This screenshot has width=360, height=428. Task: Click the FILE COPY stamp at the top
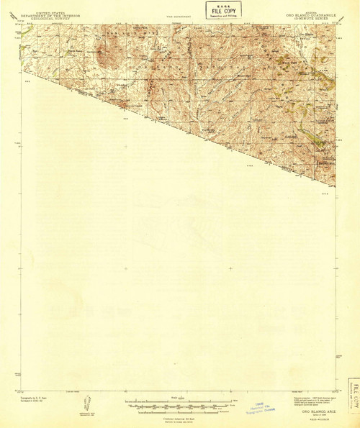pyautogui.click(x=223, y=10)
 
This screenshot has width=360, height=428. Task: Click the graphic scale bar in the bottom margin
pyautogui.click(x=179, y=402)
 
